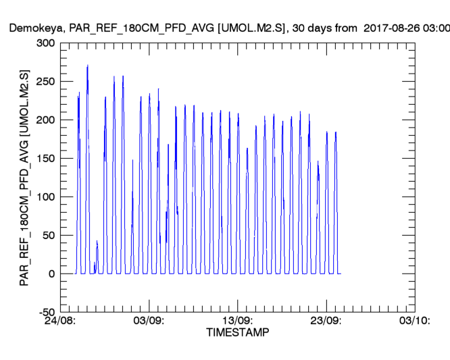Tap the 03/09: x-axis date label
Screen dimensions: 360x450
149,320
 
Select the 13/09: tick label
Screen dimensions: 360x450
237,320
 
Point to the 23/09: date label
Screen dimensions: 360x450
326,320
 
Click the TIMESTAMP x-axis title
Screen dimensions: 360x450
237,333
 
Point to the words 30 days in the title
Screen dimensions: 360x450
318,29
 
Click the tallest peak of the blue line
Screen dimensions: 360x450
88,66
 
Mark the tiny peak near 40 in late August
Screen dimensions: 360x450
97,241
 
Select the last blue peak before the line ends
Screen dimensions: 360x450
336,132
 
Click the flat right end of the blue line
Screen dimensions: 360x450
340,274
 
